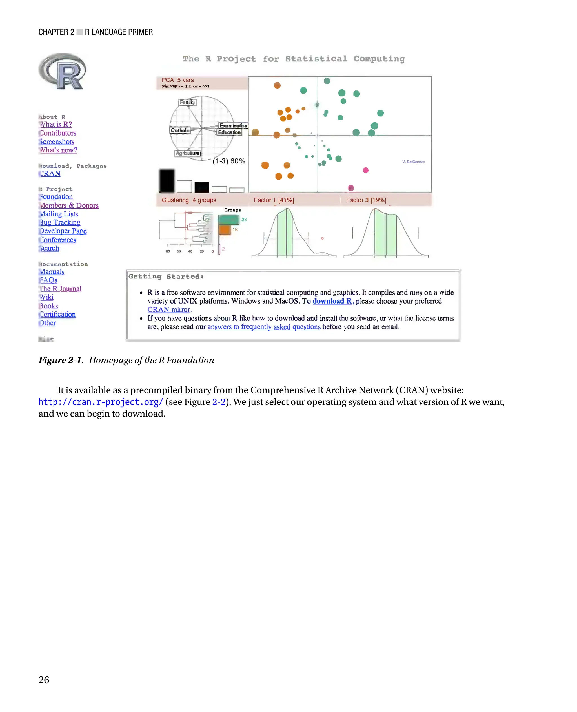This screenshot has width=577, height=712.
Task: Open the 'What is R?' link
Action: click(x=56, y=124)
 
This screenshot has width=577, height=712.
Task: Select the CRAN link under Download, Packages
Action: click(x=50, y=173)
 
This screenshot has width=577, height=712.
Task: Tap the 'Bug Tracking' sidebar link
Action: click(x=60, y=222)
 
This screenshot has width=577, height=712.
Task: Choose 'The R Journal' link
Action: click(x=60, y=288)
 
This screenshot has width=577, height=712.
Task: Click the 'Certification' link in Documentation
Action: click(x=57, y=314)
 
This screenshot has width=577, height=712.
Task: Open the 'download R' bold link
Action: click(x=332, y=301)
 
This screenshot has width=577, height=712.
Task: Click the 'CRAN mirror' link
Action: click(x=169, y=309)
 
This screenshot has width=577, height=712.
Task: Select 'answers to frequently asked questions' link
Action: click(x=264, y=327)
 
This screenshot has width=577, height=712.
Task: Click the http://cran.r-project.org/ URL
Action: click(x=101, y=402)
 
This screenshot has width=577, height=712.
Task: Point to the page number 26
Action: click(x=44, y=679)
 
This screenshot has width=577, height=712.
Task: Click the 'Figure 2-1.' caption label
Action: click(x=61, y=360)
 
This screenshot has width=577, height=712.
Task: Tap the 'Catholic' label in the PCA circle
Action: click(x=180, y=130)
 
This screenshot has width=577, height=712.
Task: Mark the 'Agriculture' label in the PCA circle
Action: click(x=187, y=153)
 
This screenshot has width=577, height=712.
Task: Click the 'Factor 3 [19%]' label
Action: click(x=366, y=200)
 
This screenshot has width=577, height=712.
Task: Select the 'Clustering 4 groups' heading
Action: click(x=189, y=200)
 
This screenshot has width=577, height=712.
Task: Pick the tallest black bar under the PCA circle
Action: click(x=167, y=181)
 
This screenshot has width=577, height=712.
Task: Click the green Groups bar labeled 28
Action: click(x=229, y=220)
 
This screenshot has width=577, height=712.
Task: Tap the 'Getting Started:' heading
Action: click(x=166, y=276)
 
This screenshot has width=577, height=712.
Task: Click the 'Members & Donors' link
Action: click(x=69, y=205)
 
